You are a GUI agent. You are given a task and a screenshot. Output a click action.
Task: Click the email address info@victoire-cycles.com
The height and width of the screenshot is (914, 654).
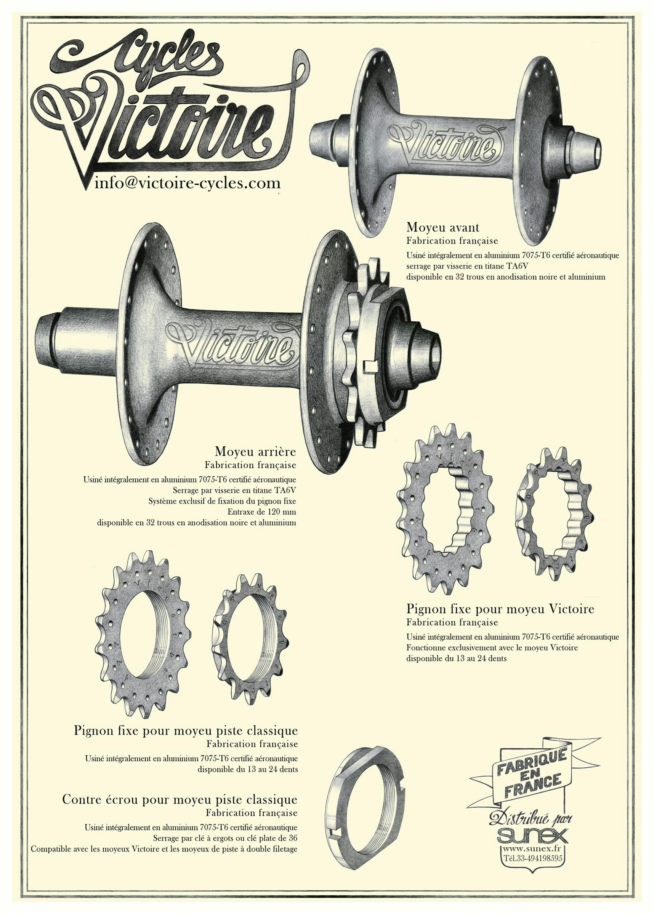[188, 184]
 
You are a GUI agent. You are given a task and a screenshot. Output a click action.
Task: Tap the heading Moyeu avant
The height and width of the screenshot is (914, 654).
[443, 228]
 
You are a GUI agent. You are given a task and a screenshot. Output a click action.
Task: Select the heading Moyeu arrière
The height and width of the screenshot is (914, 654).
[256, 451]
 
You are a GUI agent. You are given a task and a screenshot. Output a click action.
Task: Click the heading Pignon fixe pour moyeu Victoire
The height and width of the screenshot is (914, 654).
[500, 609]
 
